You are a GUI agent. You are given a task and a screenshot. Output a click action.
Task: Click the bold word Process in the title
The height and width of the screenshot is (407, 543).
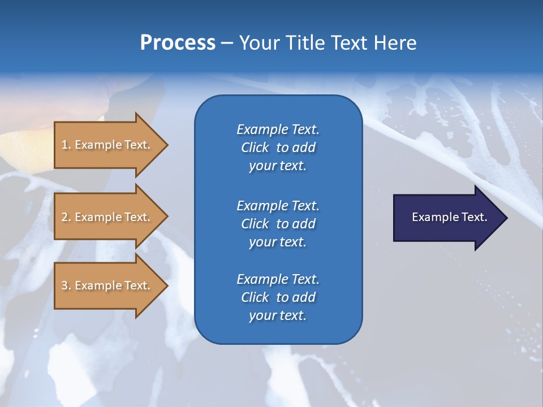click(178, 43)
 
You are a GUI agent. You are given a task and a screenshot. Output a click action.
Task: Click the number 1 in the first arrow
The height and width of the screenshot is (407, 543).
click(64, 145)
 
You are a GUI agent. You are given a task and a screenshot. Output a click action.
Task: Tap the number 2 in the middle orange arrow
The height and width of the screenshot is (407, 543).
click(64, 217)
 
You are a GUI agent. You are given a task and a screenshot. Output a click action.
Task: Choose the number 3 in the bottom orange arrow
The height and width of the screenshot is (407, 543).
click(64, 285)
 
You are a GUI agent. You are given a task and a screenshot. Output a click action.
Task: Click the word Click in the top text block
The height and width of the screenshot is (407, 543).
click(255, 148)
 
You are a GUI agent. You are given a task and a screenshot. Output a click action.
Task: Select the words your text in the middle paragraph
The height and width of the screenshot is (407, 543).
click(278, 242)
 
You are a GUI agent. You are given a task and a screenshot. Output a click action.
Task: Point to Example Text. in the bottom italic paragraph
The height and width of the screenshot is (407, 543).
click(278, 279)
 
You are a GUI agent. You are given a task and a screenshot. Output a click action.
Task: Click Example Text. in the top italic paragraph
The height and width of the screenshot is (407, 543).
click(278, 129)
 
